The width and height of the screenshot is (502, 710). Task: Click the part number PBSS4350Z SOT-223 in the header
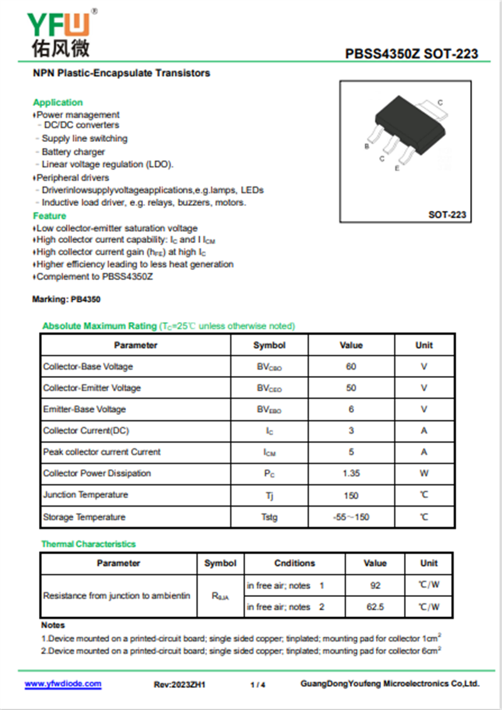(x=411, y=54)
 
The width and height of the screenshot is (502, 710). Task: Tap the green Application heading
(x=58, y=102)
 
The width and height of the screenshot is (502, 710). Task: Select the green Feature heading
(x=50, y=216)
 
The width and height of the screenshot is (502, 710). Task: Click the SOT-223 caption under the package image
(x=447, y=215)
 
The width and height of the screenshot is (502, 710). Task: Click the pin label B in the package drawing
(x=366, y=146)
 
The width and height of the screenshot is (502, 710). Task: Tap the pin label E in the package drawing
(x=397, y=168)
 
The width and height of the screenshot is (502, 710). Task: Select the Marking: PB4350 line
(x=66, y=300)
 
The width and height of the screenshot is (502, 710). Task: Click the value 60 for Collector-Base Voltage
(x=351, y=367)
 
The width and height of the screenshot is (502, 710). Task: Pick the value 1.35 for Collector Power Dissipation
(x=351, y=474)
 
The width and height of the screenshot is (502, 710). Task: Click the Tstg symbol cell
(x=269, y=517)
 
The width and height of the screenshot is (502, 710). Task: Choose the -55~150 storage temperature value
(x=351, y=517)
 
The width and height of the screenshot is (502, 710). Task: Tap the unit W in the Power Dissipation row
(x=424, y=474)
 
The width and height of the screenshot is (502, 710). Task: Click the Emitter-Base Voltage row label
(x=84, y=409)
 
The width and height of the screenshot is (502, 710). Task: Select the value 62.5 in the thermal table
(x=375, y=607)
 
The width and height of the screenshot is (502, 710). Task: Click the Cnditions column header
(x=294, y=563)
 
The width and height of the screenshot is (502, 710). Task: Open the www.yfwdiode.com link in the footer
(x=63, y=684)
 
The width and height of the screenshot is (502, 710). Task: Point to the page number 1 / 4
(x=257, y=684)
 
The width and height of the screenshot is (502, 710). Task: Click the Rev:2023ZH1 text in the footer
(x=179, y=684)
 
